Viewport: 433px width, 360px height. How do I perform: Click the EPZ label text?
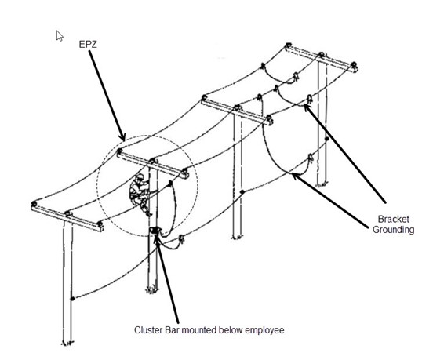(88, 45)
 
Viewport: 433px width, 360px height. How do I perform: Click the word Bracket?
(393, 219)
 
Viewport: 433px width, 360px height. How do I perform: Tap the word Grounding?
(393, 230)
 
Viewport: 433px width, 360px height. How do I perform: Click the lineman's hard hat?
(140, 176)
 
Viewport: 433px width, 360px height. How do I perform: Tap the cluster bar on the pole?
(155, 230)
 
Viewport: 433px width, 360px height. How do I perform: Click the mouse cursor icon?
(60, 36)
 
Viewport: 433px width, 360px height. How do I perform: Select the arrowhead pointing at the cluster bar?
(157, 239)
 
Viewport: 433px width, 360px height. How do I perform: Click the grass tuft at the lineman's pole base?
(152, 290)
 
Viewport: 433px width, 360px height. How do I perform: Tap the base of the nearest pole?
(67, 343)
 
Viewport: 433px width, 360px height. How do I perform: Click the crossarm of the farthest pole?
(322, 59)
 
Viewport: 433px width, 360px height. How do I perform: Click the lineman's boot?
(149, 213)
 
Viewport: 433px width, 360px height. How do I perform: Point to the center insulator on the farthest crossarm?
(321, 54)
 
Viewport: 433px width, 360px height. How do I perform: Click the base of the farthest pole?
(322, 184)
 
